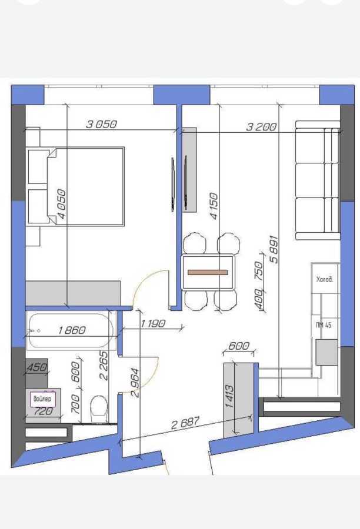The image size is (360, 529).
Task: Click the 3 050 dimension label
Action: click(102, 124)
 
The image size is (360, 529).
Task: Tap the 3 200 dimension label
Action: click(261, 126)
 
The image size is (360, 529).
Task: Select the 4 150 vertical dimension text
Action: click(214, 206)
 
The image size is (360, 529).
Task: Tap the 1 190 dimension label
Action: click(153, 323)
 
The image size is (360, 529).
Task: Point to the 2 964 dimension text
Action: click(136, 383)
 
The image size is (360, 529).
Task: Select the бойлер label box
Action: click(42, 399)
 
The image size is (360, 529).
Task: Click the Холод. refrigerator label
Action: click(325, 280)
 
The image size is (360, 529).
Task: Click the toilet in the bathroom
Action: click(99, 406)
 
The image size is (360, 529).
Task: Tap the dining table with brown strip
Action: click(208, 272)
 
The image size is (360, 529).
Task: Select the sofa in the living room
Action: click(318, 180)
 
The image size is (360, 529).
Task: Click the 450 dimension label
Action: click(36, 367)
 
